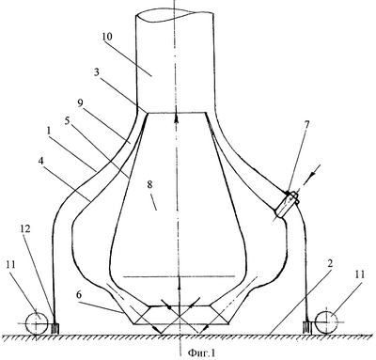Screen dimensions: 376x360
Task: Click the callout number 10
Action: click(107, 37)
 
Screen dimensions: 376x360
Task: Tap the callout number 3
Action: click(97, 72)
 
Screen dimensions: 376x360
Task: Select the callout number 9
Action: click(81, 103)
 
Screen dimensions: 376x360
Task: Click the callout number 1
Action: click(49, 131)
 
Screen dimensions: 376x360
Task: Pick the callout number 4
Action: click(41, 162)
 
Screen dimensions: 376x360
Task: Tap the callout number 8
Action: click(149, 185)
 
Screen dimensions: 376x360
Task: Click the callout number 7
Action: click(306, 125)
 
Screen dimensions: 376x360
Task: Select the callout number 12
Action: click(25, 229)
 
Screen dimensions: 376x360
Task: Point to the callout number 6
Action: click(79, 295)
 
